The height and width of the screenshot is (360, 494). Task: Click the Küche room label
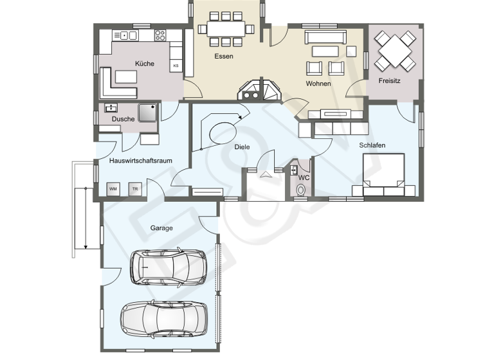145,64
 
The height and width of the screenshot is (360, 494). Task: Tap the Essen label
224,57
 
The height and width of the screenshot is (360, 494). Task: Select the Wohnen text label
318,84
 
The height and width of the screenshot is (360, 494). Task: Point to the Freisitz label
390,81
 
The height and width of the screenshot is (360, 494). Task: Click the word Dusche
123,119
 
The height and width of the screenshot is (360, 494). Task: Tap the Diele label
242,147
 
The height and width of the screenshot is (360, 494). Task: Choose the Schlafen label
372,146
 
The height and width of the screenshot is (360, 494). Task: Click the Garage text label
161,228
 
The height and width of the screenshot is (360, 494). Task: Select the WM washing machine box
113,189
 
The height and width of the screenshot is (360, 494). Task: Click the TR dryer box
134,189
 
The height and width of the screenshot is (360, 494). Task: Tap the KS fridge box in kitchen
175,66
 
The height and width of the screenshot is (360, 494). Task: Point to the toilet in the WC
300,190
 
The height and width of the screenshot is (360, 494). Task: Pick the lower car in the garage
164,318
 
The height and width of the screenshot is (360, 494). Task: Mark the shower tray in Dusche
147,113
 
